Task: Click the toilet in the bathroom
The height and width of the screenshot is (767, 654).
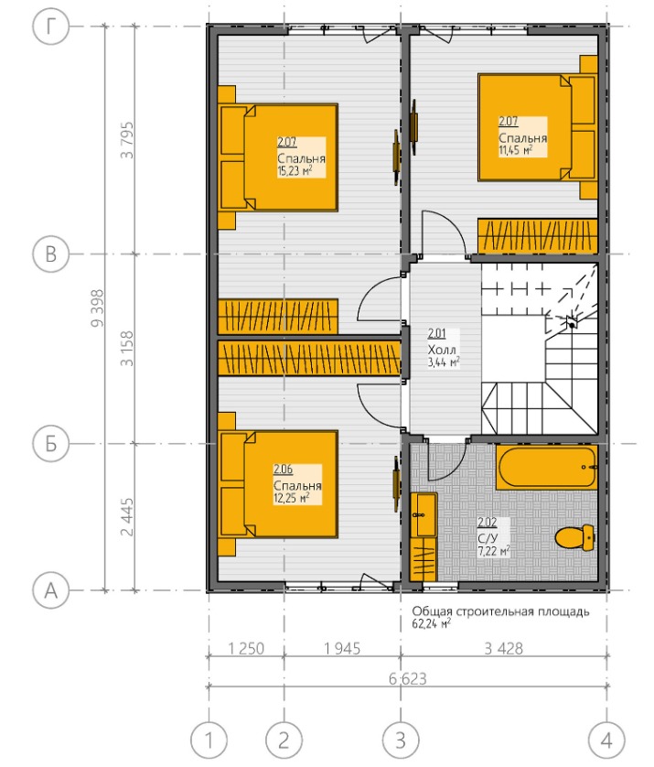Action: [574, 537]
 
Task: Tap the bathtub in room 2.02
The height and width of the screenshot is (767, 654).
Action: [546, 467]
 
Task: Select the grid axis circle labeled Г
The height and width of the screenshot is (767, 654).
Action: [51, 27]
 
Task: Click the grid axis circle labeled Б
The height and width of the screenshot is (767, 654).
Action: [51, 444]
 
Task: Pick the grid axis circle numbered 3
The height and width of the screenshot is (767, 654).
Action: [401, 740]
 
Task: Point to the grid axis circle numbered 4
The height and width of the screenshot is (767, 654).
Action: [607, 740]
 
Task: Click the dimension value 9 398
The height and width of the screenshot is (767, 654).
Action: [97, 308]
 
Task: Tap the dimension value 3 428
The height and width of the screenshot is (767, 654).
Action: [503, 649]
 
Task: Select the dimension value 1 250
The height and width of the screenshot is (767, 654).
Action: [246, 649]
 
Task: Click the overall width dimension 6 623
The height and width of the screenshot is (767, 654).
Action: [408, 679]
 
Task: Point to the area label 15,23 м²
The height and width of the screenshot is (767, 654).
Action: [295, 171]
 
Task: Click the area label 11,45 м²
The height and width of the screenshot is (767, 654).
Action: [516, 150]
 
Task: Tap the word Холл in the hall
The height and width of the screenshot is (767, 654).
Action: [442, 350]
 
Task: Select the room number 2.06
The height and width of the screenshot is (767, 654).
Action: [283, 470]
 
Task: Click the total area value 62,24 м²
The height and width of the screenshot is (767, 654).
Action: [431, 623]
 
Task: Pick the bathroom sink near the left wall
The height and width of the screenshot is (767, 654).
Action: [423, 515]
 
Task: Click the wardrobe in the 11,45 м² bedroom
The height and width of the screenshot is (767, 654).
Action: [538, 236]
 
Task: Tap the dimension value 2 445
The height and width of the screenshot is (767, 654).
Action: [126, 517]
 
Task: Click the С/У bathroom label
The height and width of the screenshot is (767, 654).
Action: [488, 538]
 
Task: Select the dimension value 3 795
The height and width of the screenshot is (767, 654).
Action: [126, 140]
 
